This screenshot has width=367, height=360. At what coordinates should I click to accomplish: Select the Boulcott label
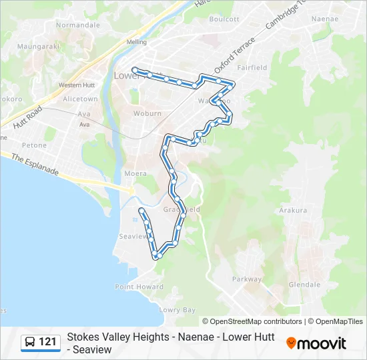click(x=224, y=19)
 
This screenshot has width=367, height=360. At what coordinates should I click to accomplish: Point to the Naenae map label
click(x=325, y=19)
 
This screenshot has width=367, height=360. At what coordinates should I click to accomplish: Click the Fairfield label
click(x=252, y=67)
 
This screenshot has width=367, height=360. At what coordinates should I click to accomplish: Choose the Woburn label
click(x=147, y=113)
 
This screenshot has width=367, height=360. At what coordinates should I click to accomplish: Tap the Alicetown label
click(x=80, y=99)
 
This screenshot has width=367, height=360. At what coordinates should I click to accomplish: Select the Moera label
click(x=135, y=173)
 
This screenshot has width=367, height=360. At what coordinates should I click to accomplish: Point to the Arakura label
click(x=293, y=210)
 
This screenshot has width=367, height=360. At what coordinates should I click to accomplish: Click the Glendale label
click(x=304, y=285)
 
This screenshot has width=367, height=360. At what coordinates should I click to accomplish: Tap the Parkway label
click(x=247, y=279)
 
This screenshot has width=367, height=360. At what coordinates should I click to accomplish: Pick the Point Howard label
click(x=139, y=287)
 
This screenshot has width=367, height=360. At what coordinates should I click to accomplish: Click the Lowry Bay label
click(x=177, y=310)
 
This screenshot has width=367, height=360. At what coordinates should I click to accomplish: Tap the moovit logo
click(x=317, y=343)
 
